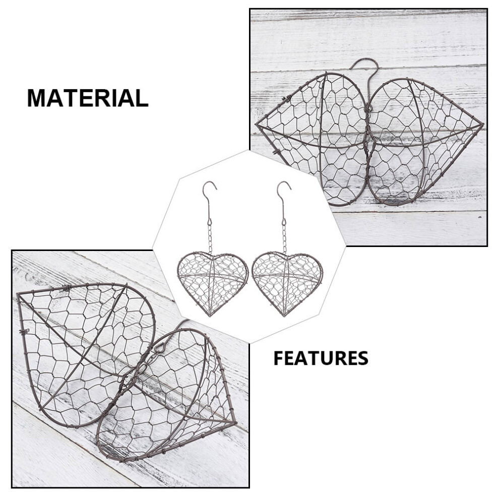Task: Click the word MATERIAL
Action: click(x=88, y=98)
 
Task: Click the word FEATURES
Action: click(x=321, y=358)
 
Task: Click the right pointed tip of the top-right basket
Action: click(x=483, y=124)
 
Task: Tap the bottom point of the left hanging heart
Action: click(x=210, y=316)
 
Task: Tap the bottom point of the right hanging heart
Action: click(x=284, y=316)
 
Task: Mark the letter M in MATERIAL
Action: click(x=36, y=98)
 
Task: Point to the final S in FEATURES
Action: click(x=362, y=358)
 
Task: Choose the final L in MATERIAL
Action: click(x=143, y=98)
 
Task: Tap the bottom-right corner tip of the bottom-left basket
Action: click(x=236, y=422)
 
